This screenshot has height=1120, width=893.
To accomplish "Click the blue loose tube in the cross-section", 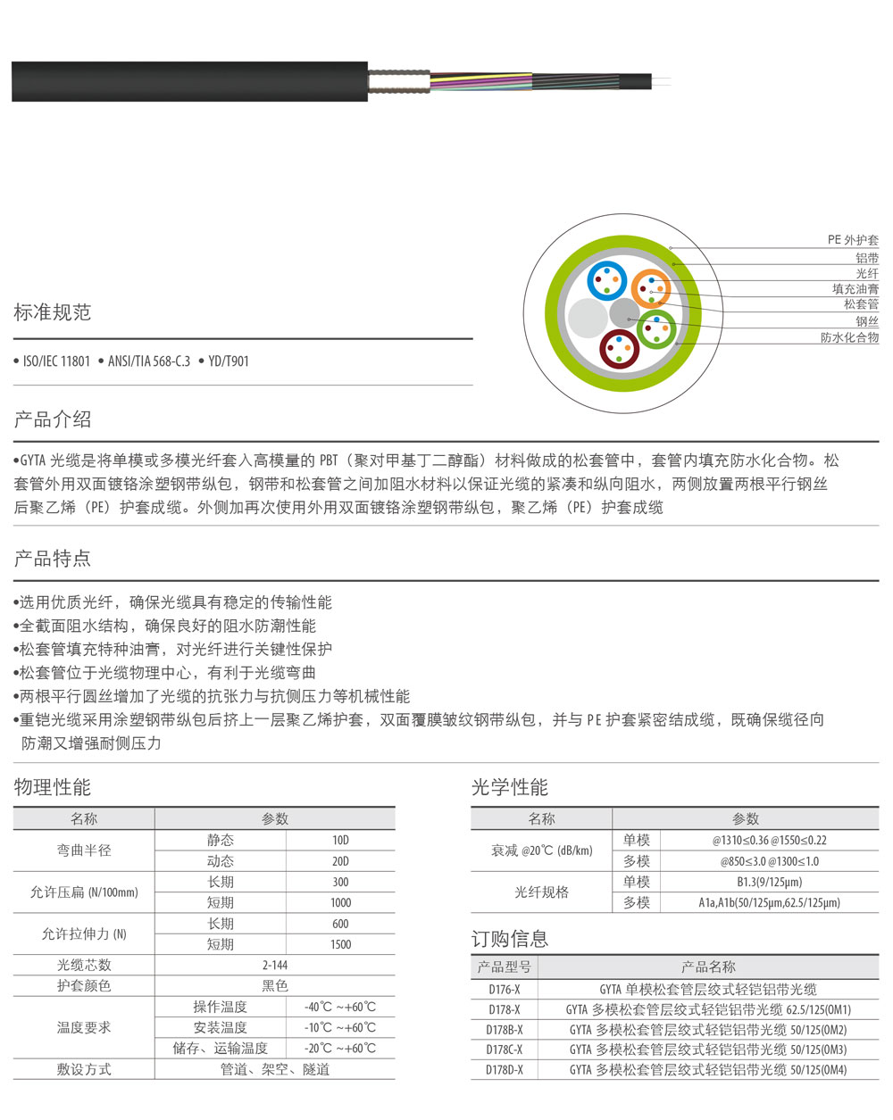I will (606, 280).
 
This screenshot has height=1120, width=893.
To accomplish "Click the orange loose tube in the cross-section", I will (650, 288).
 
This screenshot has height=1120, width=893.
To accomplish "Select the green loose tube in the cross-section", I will (656, 329).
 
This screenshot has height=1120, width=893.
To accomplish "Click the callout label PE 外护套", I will (852, 240).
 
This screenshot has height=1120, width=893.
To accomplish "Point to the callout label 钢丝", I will (866, 321).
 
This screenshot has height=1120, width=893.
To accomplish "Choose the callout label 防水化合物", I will (849, 337).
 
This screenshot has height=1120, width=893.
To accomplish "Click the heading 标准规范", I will (53, 312).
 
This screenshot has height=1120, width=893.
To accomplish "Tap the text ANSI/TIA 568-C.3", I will (149, 361).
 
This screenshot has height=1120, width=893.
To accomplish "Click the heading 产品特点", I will (53, 559).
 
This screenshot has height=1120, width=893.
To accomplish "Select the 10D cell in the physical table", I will (340, 841).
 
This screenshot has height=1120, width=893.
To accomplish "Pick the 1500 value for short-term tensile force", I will (340, 944).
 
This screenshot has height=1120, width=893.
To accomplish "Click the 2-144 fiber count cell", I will (274, 965).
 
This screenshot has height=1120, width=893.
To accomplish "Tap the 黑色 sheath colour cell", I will (274, 985).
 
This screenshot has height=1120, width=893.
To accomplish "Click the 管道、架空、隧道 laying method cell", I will (274, 1069).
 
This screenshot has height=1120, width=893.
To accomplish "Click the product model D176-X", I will (505, 989).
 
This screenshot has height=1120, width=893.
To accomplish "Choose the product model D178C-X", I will (505, 1049).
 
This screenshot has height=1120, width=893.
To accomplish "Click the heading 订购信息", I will (510, 939).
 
